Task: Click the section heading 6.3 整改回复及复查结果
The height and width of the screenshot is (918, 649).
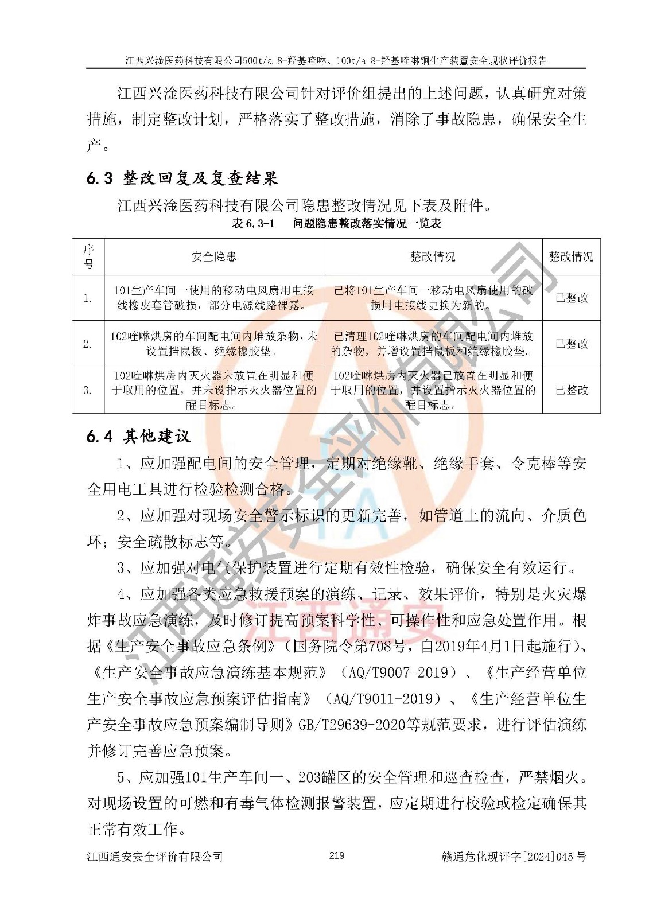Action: (x=182, y=178)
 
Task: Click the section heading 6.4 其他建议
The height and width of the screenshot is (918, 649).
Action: (x=139, y=437)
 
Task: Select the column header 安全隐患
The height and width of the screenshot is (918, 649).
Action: (x=214, y=257)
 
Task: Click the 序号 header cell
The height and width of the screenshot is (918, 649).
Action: (x=88, y=256)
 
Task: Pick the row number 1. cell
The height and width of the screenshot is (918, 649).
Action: (x=88, y=298)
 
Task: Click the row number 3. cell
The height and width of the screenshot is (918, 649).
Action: (x=88, y=390)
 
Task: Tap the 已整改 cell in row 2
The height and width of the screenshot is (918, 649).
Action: (x=572, y=344)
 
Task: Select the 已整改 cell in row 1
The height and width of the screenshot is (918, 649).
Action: (x=572, y=298)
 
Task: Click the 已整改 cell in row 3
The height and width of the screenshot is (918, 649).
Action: (x=572, y=390)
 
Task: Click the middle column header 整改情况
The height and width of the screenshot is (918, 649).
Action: (x=433, y=257)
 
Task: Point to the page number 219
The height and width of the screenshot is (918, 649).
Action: (x=337, y=855)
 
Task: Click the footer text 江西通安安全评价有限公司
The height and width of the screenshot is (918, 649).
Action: (x=155, y=857)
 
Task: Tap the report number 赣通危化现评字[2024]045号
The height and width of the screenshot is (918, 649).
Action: (x=514, y=857)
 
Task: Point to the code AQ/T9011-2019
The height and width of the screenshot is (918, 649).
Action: (x=386, y=698)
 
